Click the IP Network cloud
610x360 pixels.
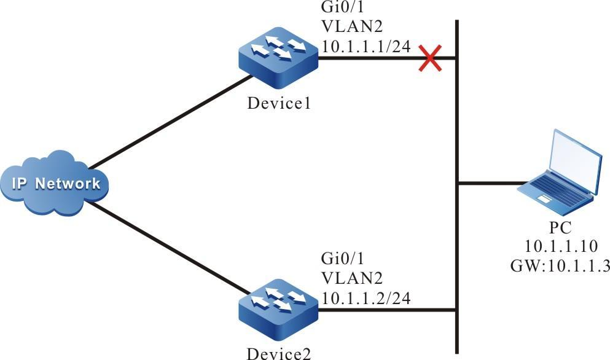tap(55, 182)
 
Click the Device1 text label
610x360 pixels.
tap(278, 103)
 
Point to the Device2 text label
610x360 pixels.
tap(278, 353)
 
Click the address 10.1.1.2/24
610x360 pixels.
tap(366, 299)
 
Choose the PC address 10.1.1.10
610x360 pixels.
tap(560, 246)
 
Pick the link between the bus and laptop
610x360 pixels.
tap(491, 183)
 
